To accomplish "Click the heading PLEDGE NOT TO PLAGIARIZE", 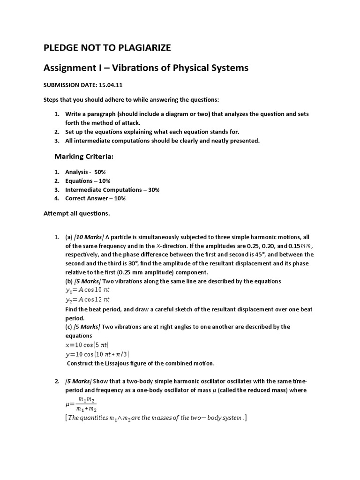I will pos(107,47).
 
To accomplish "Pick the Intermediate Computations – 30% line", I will pos(112,189).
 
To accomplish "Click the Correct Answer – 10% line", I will pos(95,198).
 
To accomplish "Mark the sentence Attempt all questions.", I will pos(77,213).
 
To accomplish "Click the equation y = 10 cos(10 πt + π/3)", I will pos(97,354).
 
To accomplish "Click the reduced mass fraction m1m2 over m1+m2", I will pos(87,403).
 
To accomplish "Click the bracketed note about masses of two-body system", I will pos(156,418).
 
